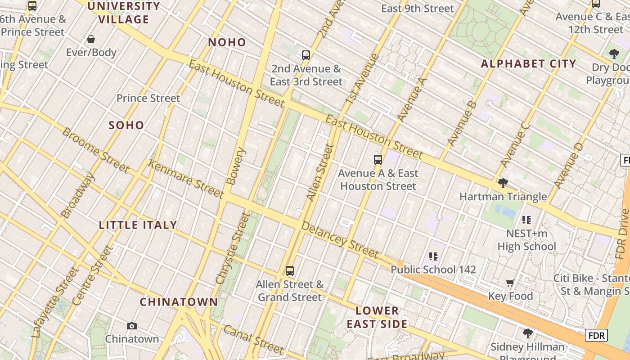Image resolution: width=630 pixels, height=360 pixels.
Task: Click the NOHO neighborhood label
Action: (x=227, y=42)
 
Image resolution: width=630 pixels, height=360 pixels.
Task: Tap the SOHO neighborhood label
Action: (x=126, y=125)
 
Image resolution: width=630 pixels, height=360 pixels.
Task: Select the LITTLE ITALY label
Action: (x=138, y=225)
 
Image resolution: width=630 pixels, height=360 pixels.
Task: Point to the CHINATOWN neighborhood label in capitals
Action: (x=179, y=302)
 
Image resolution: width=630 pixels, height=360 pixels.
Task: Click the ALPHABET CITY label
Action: (x=528, y=63)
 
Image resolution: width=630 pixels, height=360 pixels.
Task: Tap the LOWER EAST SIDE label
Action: (x=377, y=317)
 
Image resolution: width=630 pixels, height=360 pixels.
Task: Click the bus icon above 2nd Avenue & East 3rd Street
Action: (x=306, y=55)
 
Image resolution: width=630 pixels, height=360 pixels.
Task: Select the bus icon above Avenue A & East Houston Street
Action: (x=378, y=160)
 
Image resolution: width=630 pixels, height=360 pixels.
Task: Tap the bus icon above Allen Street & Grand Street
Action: (x=290, y=271)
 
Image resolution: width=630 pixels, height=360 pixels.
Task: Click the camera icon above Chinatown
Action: (x=131, y=326)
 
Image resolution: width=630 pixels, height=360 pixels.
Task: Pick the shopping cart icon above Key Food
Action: (x=510, y=283)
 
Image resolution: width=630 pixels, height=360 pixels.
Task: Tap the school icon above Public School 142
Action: (x=433, y=256)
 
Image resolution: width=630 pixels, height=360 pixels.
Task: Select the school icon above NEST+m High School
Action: (x=526, y=220)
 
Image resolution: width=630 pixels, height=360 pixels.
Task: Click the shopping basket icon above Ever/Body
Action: (x=91, y=39)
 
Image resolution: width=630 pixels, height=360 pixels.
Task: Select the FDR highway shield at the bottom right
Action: (x=596, y=335)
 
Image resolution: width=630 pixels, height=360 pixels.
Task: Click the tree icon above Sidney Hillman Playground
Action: (x=527, y=333)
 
